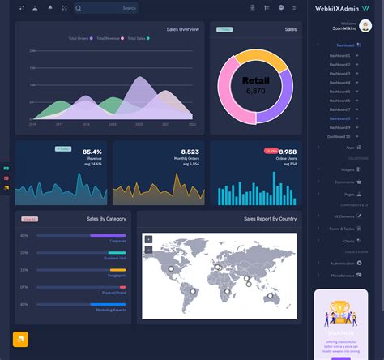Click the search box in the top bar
pyautogui.click(x=105, y=8)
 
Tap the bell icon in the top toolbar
pyautogui.click(x=50, y=7)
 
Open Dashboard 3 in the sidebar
pyautogui.click(x=340, y=73)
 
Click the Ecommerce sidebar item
pyautogui.click(x=344, y=182)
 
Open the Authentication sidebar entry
pyautogui.click(x=343, y=264)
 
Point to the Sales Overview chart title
pyautogui.click(x=183, y=29)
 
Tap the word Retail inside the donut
pyautogui.click(x=255, y=80)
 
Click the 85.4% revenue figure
pyautogui.click(x=92, y=152)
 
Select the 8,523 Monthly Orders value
pyautogui.click(x=190, y=152)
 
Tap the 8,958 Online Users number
pyautogui.click(x=287, y=152)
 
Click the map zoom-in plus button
pyautogui.click(x=148, y=239)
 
